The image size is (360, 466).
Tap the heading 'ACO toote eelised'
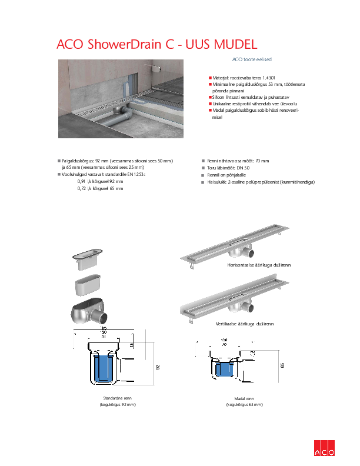(x=251, y=59)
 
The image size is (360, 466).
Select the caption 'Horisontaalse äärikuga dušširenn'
(x=259, y=266)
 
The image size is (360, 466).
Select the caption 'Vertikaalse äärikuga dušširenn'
(x=257, y=324)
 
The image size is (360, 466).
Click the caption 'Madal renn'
(x=244, y=399)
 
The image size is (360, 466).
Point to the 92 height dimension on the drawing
(x=158, y=367)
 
